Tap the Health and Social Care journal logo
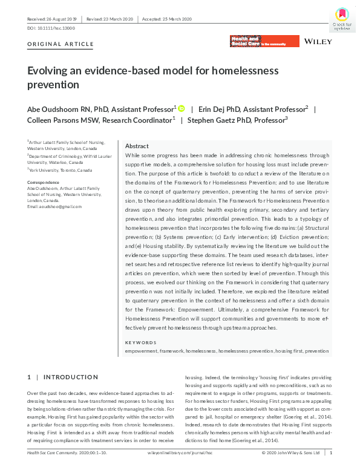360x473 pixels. (x=264, y=41)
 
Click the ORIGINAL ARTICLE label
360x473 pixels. (x=61, y=44)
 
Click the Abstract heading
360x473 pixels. (x=137, y=146)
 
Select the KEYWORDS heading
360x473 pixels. (x=141, y=342)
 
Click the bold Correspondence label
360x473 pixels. (x=43, y=182)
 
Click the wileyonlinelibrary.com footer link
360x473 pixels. (x=180, y=452)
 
